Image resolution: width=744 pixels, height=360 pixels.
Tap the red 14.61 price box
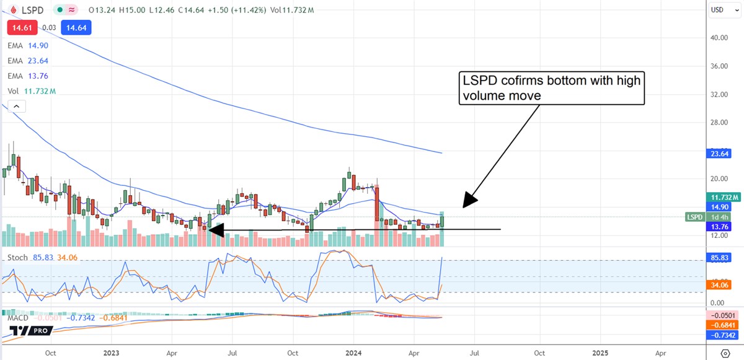22,28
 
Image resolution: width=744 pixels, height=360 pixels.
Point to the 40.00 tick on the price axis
719,38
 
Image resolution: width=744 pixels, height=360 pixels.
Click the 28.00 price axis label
719,123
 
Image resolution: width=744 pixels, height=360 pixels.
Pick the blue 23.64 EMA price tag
719,154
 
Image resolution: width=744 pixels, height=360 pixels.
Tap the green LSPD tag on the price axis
694,217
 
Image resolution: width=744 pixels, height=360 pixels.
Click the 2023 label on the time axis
112,353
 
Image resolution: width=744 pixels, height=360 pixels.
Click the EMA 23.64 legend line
28,61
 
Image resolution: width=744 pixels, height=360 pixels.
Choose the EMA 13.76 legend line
28,76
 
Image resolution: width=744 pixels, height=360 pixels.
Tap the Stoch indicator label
17,258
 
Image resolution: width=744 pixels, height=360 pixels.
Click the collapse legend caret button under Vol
16,107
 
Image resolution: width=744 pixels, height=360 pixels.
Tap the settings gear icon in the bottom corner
726,353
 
